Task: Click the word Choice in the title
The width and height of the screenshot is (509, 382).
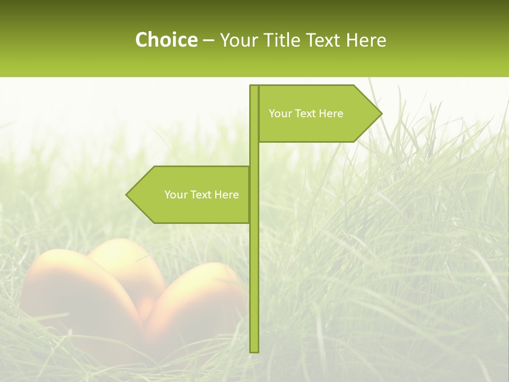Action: pyautogui.click(x=166, y=40)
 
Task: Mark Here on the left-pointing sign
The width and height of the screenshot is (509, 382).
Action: pyautogui.click(x=226, y=195)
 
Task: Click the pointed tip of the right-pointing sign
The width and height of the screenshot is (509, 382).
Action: pyautogui.click(x=380, y=113)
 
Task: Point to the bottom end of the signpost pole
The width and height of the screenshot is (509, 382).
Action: pyautogui.click(x=254, y=350)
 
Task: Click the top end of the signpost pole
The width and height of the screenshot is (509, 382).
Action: pyautogui.click(x=254, y=87)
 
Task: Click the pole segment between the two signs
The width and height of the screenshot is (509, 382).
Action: pyautogui.click(x=254, y=154)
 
